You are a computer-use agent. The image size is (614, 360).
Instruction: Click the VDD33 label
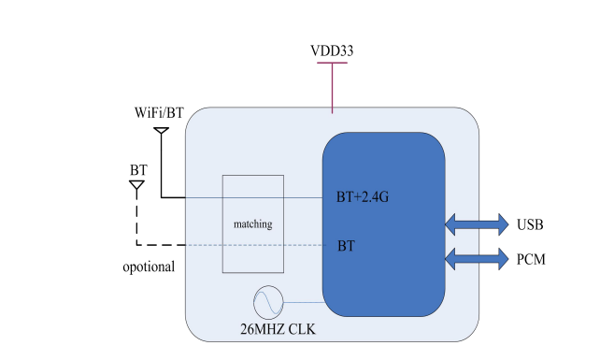pos(332,50)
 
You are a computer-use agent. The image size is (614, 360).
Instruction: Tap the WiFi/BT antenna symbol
pos(161,131)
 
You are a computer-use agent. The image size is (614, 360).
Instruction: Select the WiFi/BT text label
pos(159,113)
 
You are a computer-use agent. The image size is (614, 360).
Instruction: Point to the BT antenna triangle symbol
pos(136,185)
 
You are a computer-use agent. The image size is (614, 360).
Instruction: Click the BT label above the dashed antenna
pos(138,170)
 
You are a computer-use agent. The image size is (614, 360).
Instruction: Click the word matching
pos(253,224)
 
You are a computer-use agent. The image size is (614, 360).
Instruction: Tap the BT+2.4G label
pos(363,196)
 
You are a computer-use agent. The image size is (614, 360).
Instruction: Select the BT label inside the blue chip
pos(346,246)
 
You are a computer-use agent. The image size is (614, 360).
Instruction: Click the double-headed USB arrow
pos(477,224)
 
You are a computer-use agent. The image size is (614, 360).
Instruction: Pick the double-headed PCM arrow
pos(477,259)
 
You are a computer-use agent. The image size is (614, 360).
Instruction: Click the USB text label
pos(530,224)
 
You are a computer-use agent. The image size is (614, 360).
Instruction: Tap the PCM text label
pos(531,259)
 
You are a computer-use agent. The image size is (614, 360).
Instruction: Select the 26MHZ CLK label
pos(278,329)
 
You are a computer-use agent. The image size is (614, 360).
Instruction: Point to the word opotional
pos(149,267)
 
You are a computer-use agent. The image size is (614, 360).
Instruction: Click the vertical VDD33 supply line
pos(332,88)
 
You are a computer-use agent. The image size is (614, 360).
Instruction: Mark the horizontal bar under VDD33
pos(332,63)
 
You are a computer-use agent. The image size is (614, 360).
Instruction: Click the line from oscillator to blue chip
pos(304,302)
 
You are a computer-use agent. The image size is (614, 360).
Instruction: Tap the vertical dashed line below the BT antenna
pos(136,218)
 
